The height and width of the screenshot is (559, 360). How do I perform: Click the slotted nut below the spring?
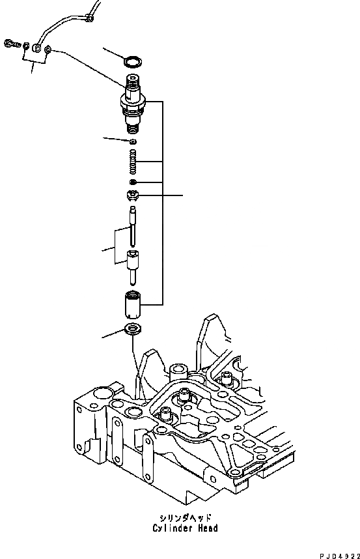tap(132, 194)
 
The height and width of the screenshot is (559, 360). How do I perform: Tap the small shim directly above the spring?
tap(132, 141)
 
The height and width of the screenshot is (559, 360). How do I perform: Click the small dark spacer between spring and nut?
tap(132, 182)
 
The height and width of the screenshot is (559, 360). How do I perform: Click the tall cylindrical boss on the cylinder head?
tap(176, 377)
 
